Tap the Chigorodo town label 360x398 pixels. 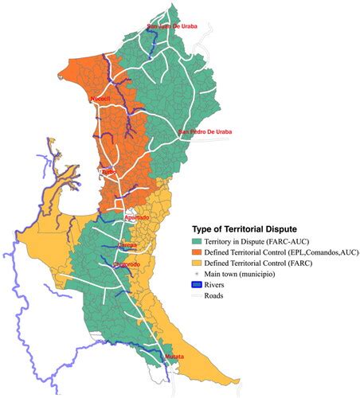(x=127, y=264)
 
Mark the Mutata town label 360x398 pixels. (x=174, y=357)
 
